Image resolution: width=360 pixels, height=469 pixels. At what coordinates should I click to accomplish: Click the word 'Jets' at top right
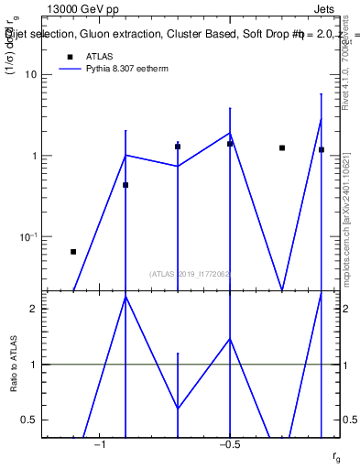[x=327, y=11]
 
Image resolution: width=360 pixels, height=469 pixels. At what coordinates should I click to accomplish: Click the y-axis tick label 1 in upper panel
[x=33, y=156]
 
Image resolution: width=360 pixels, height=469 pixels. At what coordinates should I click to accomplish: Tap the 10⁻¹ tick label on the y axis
[x=28, y=236]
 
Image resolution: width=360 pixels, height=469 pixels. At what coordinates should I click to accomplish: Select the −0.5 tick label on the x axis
[x=229, y=444]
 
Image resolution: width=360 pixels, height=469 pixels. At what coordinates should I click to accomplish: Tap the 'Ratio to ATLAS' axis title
[x=14, y=364]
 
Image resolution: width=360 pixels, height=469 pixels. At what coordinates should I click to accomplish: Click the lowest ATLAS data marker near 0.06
[x=73, y=251]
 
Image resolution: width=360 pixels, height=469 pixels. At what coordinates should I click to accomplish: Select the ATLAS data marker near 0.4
[x=125, y=185]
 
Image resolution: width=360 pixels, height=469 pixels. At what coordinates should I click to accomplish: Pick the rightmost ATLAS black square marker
[x=322, y=149]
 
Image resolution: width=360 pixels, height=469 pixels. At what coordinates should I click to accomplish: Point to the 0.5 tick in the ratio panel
[x=29, y=420]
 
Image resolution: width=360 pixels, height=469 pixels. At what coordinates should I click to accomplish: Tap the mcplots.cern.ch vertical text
[x=346, y=220]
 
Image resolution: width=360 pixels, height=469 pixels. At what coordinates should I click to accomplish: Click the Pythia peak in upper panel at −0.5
[x=230, y=133]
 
